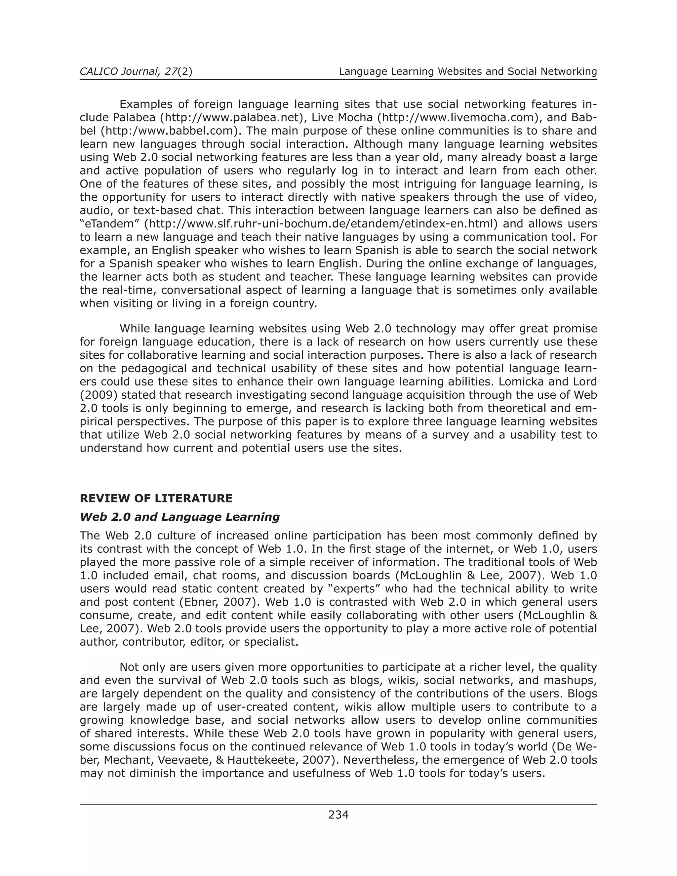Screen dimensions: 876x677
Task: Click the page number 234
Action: [338, 815]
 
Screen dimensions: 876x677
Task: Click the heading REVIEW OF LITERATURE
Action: [156, 498]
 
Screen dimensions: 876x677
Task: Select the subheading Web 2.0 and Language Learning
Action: [180, 517]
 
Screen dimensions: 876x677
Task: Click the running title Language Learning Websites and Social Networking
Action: [468, 71]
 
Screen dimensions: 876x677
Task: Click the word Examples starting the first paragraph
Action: [146, 104]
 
